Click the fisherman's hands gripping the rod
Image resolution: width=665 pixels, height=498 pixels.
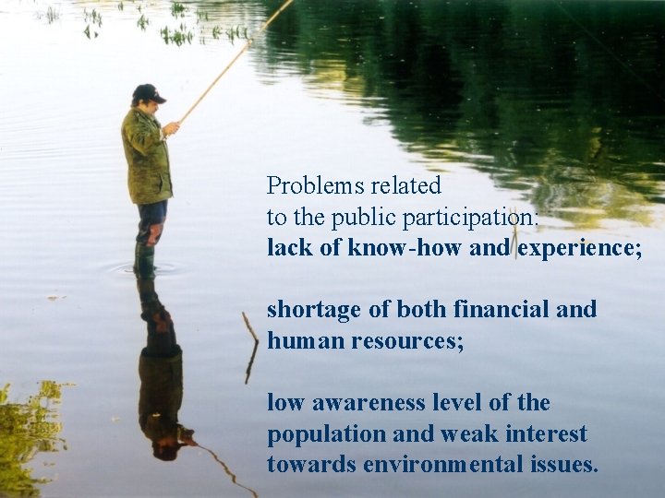[x=170, y=127]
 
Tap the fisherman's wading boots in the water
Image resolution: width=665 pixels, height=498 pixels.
[x=144, y=260]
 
